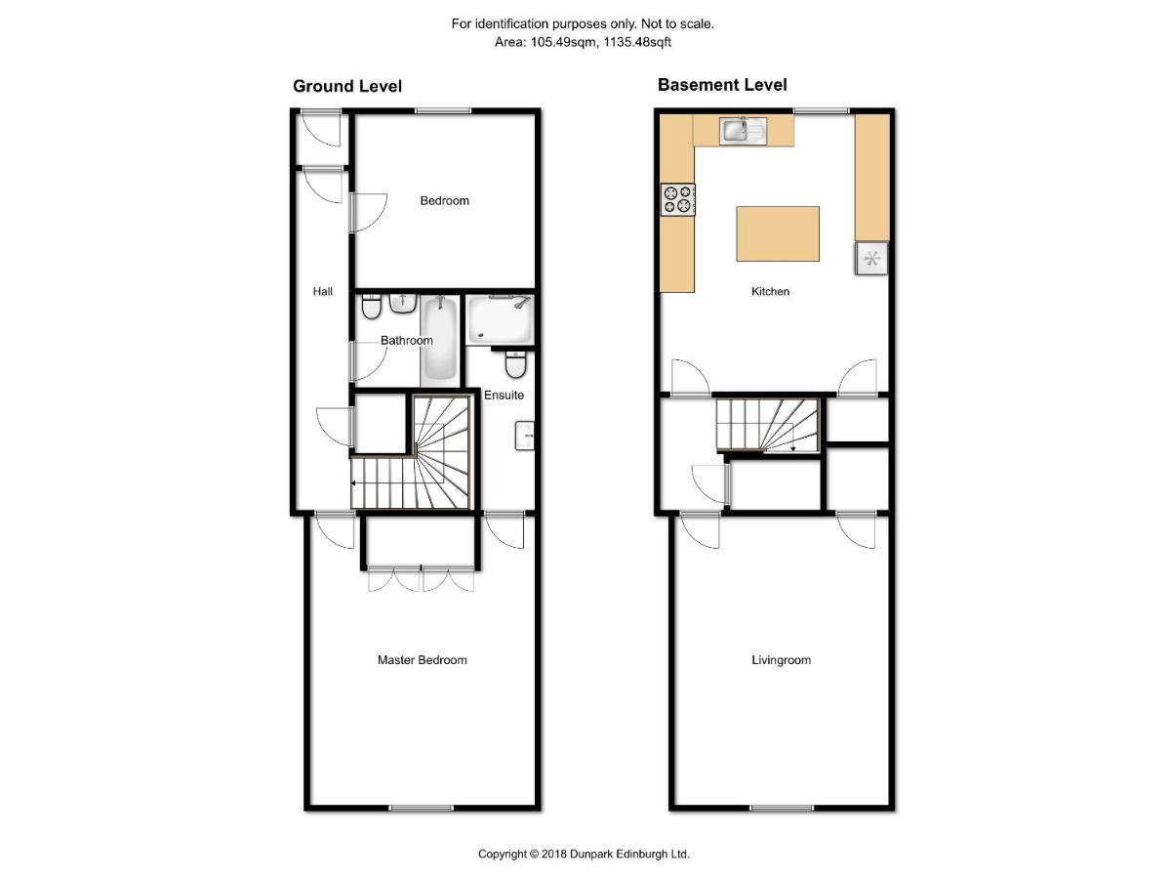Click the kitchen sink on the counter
click(x=744, y=131)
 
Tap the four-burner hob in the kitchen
click(x=678, y=199)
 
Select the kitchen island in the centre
click(x=778, y=233)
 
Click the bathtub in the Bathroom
click(x=439, y=341)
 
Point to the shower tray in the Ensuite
click(x=500, y=319)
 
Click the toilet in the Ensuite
click(x=516, y=364)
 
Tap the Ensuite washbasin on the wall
click(x=524, y=436)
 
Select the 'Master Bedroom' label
click(x=422, y=660)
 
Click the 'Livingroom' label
click(x=781, y=660)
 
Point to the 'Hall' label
click(x=322, y=291)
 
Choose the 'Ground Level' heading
click(x=347, y=86)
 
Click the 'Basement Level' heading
click(x=722, y=84)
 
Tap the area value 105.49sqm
click(x=563, y=42)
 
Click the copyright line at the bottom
click(x=584, y=854)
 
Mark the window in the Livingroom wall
click(x=782, y=808)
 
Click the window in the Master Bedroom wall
click(x=422, y=808)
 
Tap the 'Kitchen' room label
click(x=770, y=291)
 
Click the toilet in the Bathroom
click(x=371, y=307)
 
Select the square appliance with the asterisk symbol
click(x=871, y=259)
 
